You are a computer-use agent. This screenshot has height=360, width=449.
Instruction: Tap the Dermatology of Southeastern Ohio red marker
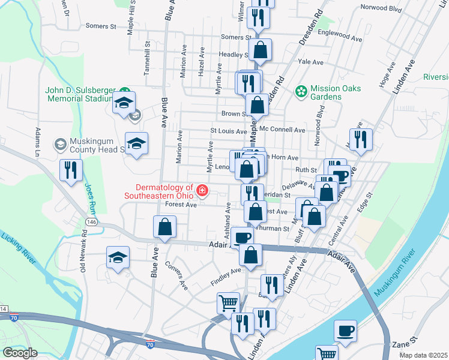tap(203, 191)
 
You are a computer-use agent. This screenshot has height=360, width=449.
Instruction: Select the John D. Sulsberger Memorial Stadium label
tap(79, 95)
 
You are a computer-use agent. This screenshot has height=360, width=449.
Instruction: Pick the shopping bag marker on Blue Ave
tap(164, 227)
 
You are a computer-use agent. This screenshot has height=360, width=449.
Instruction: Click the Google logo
tap(20, 352)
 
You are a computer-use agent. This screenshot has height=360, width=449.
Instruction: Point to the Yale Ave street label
tap(310, 62)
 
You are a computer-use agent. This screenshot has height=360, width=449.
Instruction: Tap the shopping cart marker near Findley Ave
tap(228, 304)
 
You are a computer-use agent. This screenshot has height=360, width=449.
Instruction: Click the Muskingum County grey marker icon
tap(59, 144)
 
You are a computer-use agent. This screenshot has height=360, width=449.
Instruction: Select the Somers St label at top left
tap(100, 26)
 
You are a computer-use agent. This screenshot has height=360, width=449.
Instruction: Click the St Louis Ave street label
tap(228, 130)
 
